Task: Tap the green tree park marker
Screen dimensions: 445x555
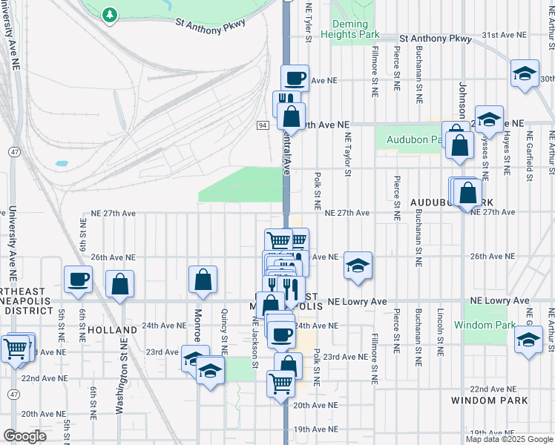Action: (110, 14)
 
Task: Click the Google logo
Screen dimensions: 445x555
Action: (25, 436)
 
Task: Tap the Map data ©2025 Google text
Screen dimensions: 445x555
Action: (509, 439)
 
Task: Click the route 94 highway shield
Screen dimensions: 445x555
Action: (263, 125)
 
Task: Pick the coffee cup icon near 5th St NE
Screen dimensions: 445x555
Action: (78, 280)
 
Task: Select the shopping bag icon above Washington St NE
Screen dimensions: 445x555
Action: (119, 284)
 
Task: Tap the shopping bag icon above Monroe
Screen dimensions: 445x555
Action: (203, 280)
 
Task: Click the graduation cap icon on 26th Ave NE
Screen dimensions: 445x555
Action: (358, 266)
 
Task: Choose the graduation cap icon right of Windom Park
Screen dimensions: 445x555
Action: (528, 340)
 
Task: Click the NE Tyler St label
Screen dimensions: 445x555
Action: (307, 16)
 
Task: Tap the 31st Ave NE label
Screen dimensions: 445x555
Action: (504, 35)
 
